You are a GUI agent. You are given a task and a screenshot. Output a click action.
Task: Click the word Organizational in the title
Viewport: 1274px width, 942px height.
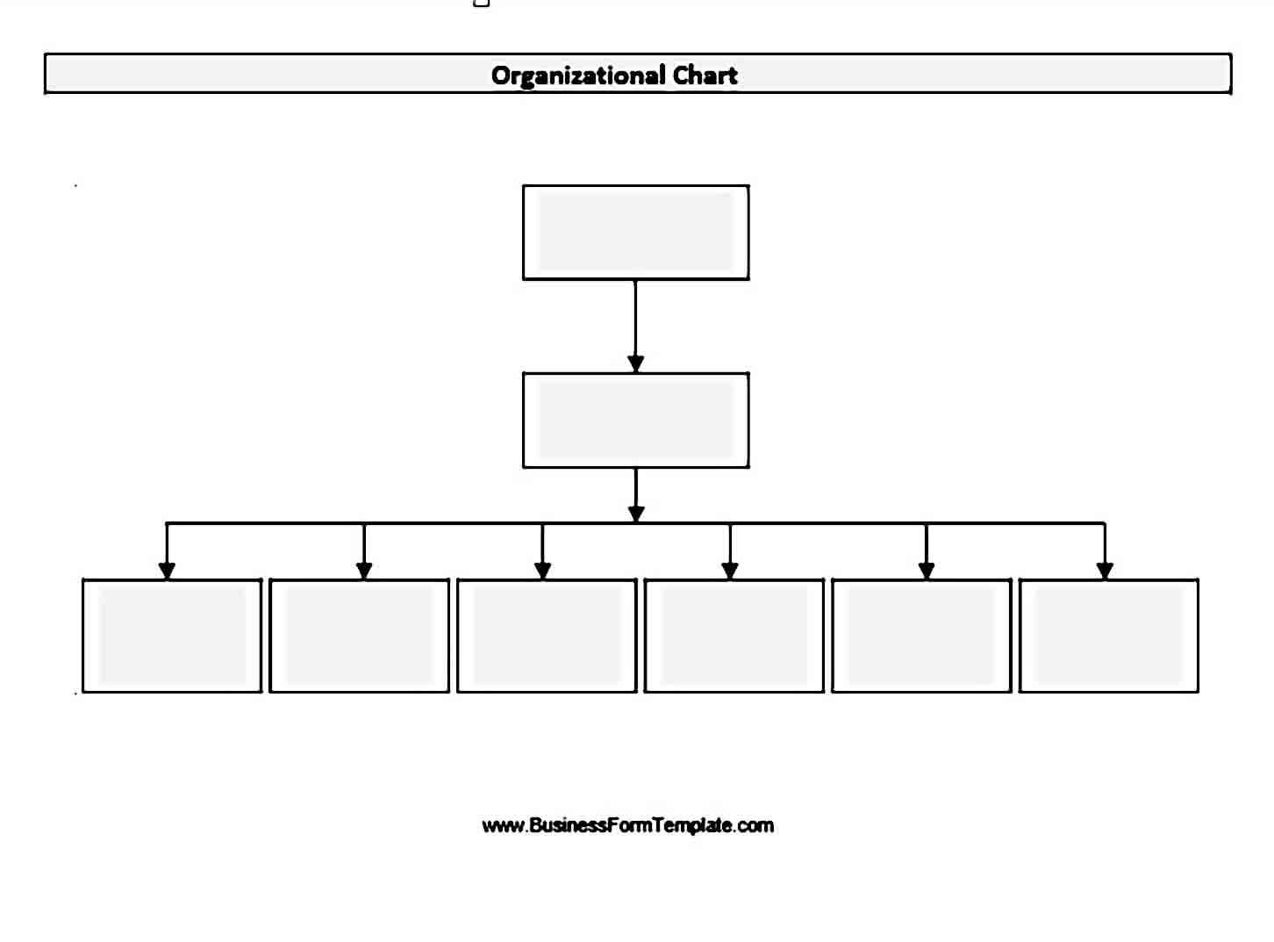coord(578,76)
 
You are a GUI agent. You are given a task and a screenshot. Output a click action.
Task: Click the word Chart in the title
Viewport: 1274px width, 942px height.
coord(705,76)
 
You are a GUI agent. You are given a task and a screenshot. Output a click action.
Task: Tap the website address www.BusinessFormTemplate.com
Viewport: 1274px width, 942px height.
coord(628,826)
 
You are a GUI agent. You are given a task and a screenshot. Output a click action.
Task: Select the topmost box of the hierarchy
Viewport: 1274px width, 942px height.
coord(636,232)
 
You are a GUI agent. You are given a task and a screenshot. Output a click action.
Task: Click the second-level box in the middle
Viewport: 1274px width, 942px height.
coord(636,421)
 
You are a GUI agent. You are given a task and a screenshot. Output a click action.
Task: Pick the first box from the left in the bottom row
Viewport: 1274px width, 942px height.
coord(172,636)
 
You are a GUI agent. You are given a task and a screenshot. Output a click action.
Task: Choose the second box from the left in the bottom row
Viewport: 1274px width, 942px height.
coord(360,636)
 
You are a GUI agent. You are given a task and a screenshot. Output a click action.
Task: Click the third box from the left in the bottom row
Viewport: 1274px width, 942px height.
coord(547,636)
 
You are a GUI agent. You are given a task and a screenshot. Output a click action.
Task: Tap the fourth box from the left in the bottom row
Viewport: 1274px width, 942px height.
coord(734,636)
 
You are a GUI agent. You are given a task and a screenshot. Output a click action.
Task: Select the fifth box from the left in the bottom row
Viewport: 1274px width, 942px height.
coord(922,636)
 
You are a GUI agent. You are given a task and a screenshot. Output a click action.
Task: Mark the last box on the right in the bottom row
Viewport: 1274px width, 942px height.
coord(1109,636)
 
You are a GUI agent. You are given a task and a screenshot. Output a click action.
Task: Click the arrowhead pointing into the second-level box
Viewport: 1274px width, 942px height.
coord(635,363)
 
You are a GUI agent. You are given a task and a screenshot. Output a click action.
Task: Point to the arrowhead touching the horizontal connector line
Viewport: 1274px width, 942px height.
coord(636,514)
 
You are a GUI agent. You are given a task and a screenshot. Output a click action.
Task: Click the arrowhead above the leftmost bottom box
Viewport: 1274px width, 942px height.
coord(167,571)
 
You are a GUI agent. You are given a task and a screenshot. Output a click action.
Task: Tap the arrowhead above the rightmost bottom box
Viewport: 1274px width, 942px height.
coord(1105,571)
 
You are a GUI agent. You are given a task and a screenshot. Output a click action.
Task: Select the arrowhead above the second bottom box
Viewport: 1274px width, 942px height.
coord(364,571)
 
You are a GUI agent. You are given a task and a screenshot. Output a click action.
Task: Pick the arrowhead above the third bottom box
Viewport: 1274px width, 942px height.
coord(542,571)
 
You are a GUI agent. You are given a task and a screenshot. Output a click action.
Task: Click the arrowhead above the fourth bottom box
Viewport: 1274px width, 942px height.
coord(730,571)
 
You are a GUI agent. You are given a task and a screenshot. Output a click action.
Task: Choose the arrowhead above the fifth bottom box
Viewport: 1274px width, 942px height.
coord(926,571)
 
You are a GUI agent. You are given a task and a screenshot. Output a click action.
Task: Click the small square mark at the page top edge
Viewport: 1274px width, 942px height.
coord(482,3)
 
